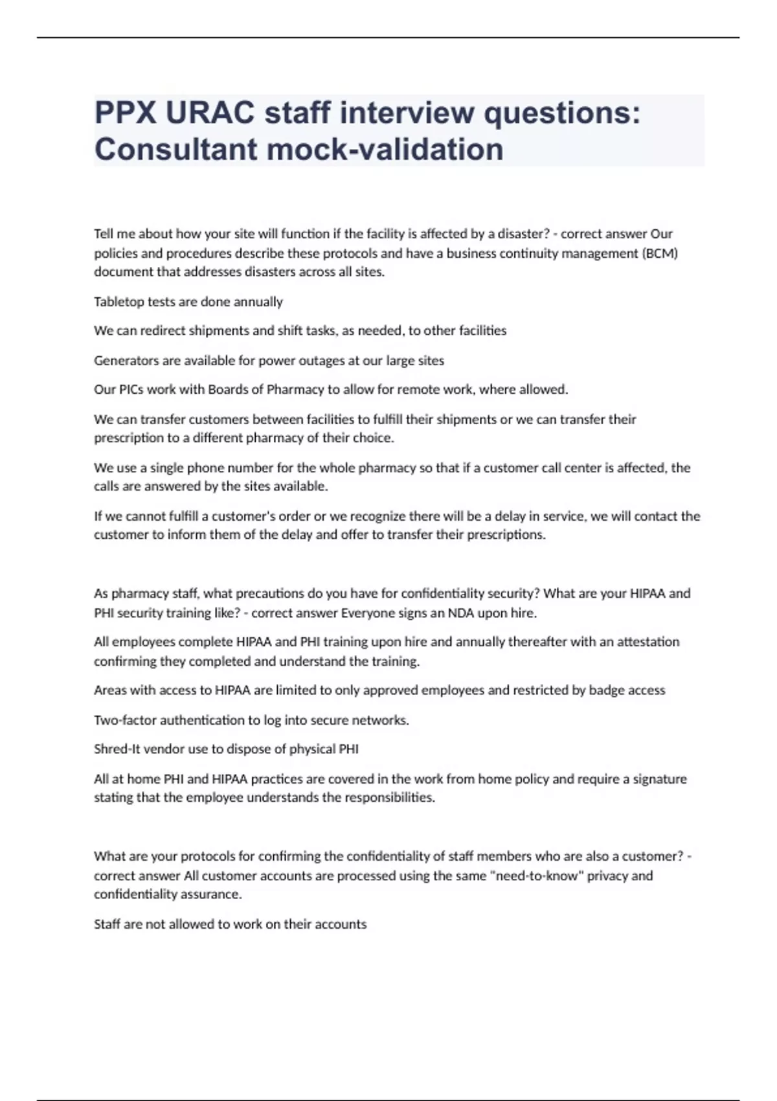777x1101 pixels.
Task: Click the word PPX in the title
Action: [x=124, y=113]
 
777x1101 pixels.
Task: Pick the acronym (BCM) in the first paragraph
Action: [x=660, y=253]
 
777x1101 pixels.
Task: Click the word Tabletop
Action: [x=118, y=302]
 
